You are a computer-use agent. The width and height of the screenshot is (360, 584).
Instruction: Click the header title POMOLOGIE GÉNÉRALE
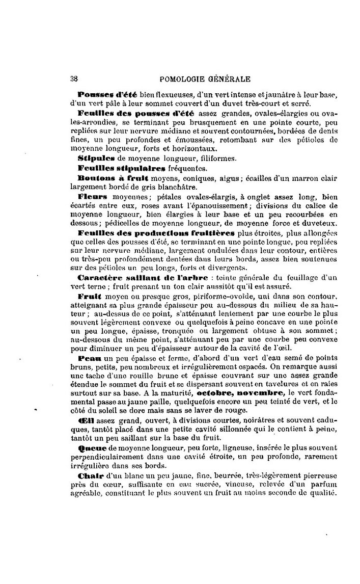click(205, 79)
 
